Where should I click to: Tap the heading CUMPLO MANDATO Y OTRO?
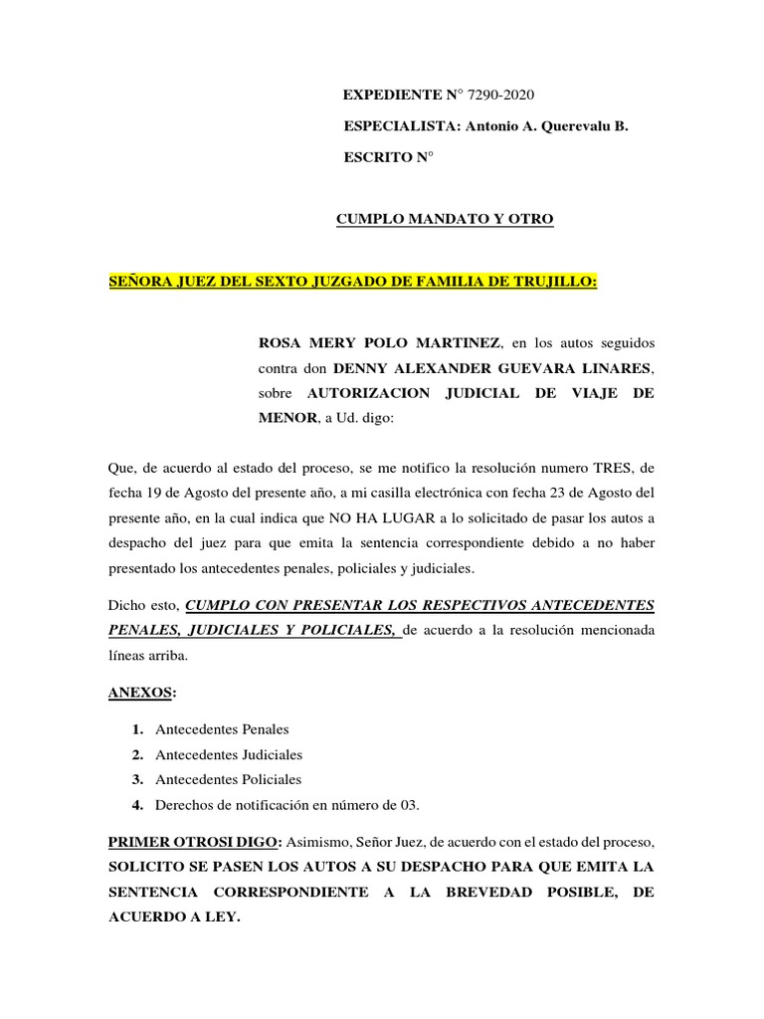pos(444,219)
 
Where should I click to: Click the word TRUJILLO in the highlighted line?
pos(555,282)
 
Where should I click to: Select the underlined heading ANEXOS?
pos(141,693)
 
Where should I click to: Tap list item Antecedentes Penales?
pos(222,729)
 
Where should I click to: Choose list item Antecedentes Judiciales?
pos(229,754)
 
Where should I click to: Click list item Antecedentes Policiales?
pos(229,779)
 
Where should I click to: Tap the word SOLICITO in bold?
pos(150,867)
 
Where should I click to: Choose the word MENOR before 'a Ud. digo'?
pos(286,418)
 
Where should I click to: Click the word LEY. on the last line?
pos(221,917)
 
